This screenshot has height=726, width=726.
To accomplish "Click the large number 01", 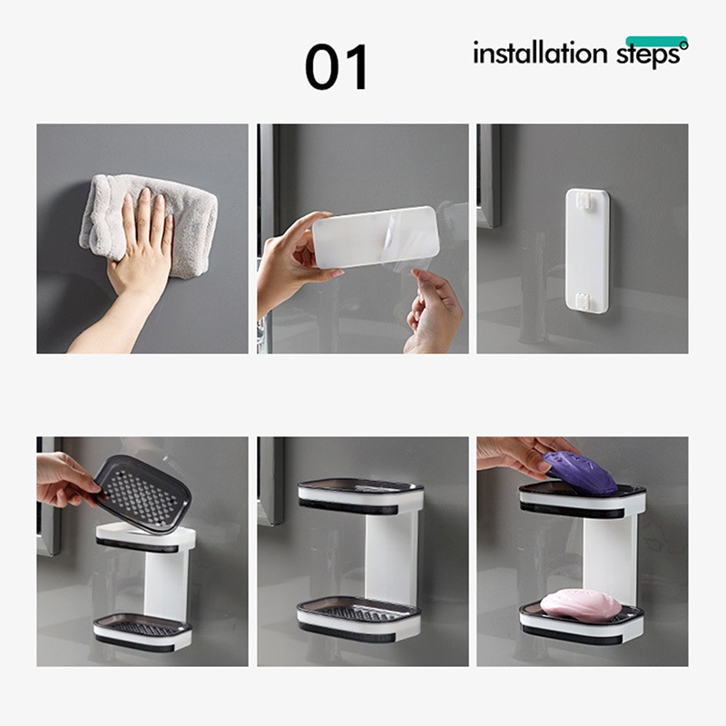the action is point(336,66).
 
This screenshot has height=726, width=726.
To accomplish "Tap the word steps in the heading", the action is point(648,54).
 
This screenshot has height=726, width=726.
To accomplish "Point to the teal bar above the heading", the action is point(656,41).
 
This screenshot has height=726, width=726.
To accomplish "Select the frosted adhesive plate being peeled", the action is point(376,237).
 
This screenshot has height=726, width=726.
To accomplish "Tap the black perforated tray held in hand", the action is point(142,495).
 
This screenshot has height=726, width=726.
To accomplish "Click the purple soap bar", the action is point(580,473).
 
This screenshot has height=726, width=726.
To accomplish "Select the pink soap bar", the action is point(581,604).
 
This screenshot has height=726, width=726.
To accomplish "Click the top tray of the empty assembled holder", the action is point(359,497).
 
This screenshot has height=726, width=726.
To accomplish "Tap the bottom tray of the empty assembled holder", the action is point(358,620).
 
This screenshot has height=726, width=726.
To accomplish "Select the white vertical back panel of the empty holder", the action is point(390,556).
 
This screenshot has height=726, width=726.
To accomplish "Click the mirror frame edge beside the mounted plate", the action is point(489,176).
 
